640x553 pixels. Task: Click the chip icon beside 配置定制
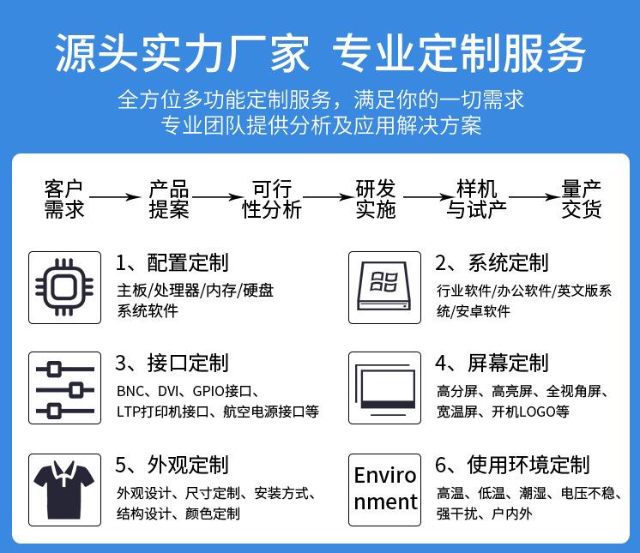(x=64, y=287)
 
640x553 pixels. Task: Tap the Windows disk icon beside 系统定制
(x=385, y=287)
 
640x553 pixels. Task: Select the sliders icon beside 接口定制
(x=64, y=388)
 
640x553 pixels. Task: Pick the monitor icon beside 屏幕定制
(x=385, y=388)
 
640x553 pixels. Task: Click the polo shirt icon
(x=64, y=488)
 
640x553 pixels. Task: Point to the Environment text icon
(x=385, y=488)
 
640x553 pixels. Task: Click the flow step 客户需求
(x=64, y=199)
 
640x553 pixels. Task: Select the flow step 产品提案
(x=169, y=199)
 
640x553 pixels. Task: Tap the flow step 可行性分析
(x=272, y=199)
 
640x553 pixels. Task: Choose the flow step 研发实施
(x=376, y=199)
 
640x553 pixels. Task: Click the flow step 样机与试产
(x=477, y=199)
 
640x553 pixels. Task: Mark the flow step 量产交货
(x=582, y=199)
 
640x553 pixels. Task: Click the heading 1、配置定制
(x=172, y=262)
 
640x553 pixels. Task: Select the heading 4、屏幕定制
(x=492, y=363)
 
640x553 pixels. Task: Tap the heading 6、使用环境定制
(x=512, y=465)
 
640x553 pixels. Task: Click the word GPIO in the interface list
(x=198, y=391)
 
